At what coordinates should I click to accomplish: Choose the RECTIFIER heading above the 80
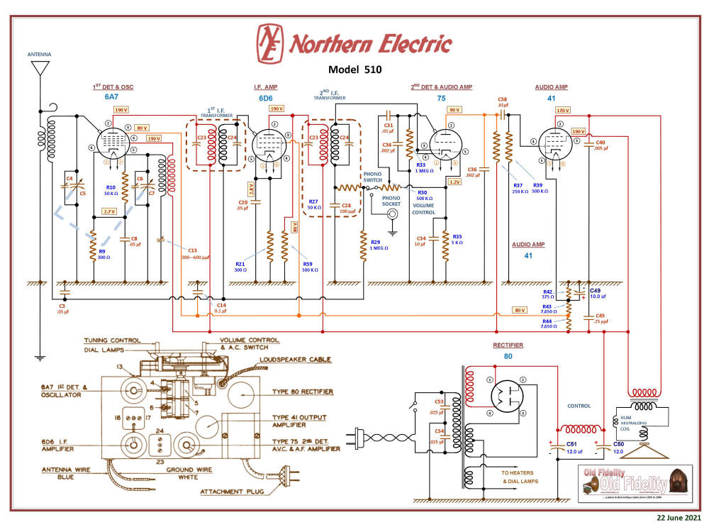[x=508, y=345]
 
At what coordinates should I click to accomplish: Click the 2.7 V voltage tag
[x=109, y=211]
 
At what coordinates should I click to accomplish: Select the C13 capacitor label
[x=192, y=250]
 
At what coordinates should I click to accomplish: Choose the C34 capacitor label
[x=420, y=238]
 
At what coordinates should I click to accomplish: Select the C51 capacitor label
[x=571, y=444]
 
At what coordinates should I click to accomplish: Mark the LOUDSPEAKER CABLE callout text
[x=296, y=360]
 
